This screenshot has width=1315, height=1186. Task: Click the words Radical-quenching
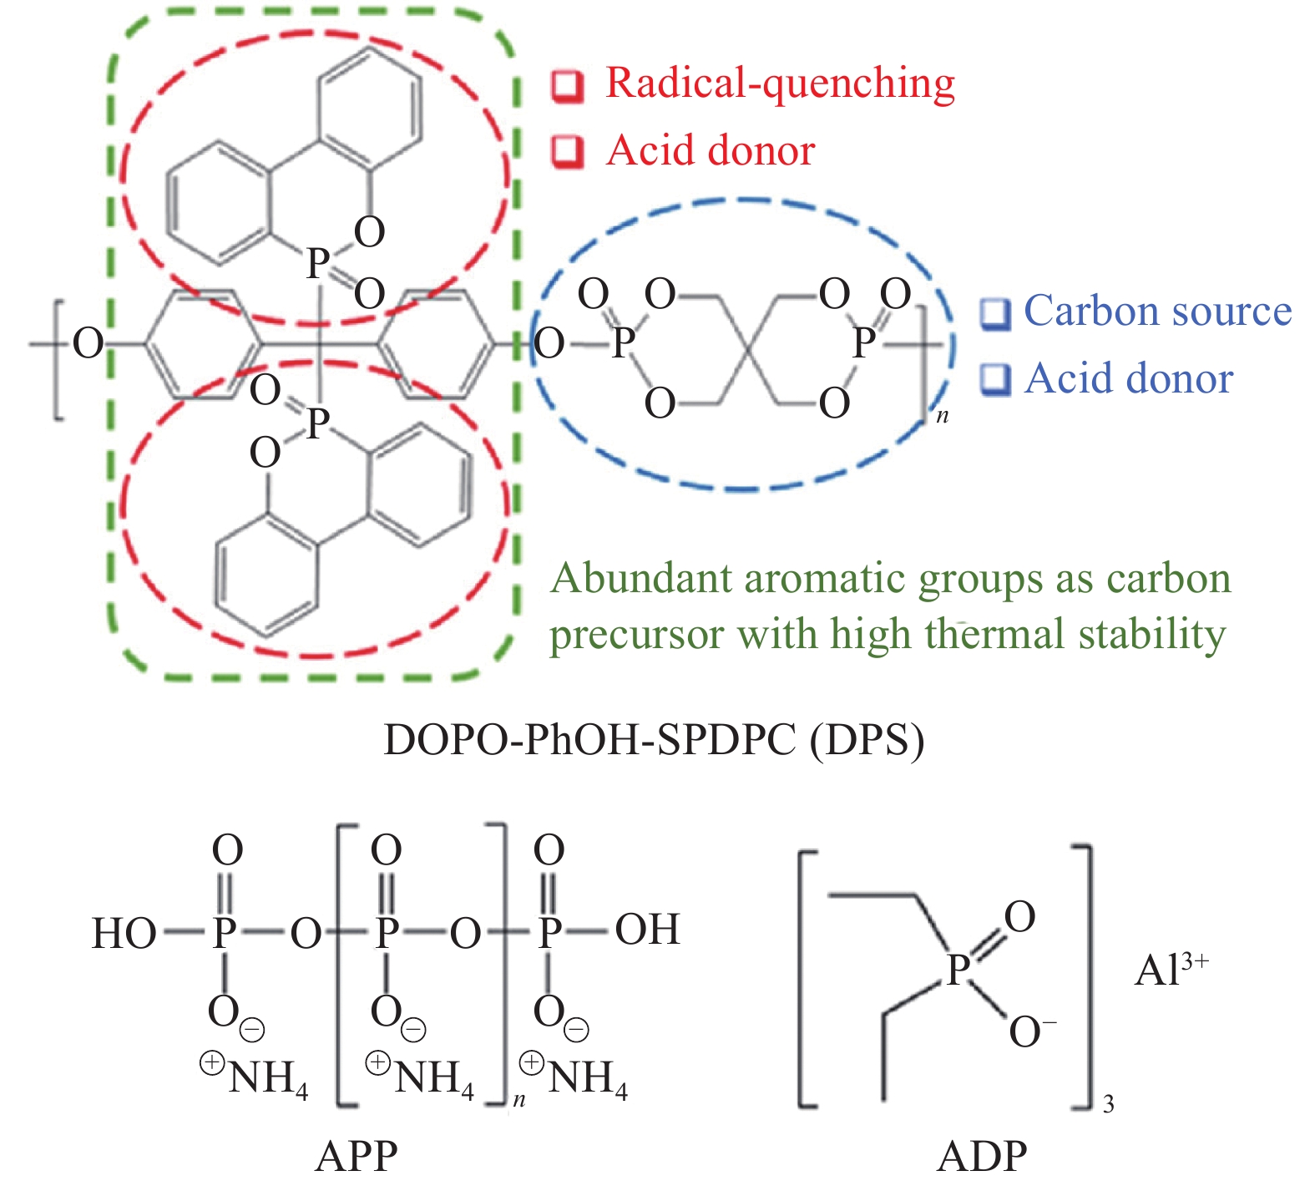[780, 84]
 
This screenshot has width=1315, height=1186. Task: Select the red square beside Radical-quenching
[568, 85]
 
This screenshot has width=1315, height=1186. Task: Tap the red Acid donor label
[711, 151]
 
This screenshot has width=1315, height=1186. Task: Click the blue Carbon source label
[1157, 311]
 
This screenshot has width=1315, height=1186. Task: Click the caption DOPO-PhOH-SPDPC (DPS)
[654, 740]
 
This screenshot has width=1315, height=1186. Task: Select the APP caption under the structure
[357, 1157]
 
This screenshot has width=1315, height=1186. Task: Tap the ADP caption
[982, 1157]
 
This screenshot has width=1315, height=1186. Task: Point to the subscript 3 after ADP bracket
[1108, 1105]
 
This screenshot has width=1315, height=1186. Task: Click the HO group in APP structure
[124, 933]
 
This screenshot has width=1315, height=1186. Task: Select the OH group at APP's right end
[648, 930]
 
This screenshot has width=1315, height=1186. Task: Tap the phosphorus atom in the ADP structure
[958, 971]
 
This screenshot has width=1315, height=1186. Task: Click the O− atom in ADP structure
[1030, 1032]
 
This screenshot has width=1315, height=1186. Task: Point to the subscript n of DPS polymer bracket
[943, 416]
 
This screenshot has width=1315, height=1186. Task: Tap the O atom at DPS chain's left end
[89, 343]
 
